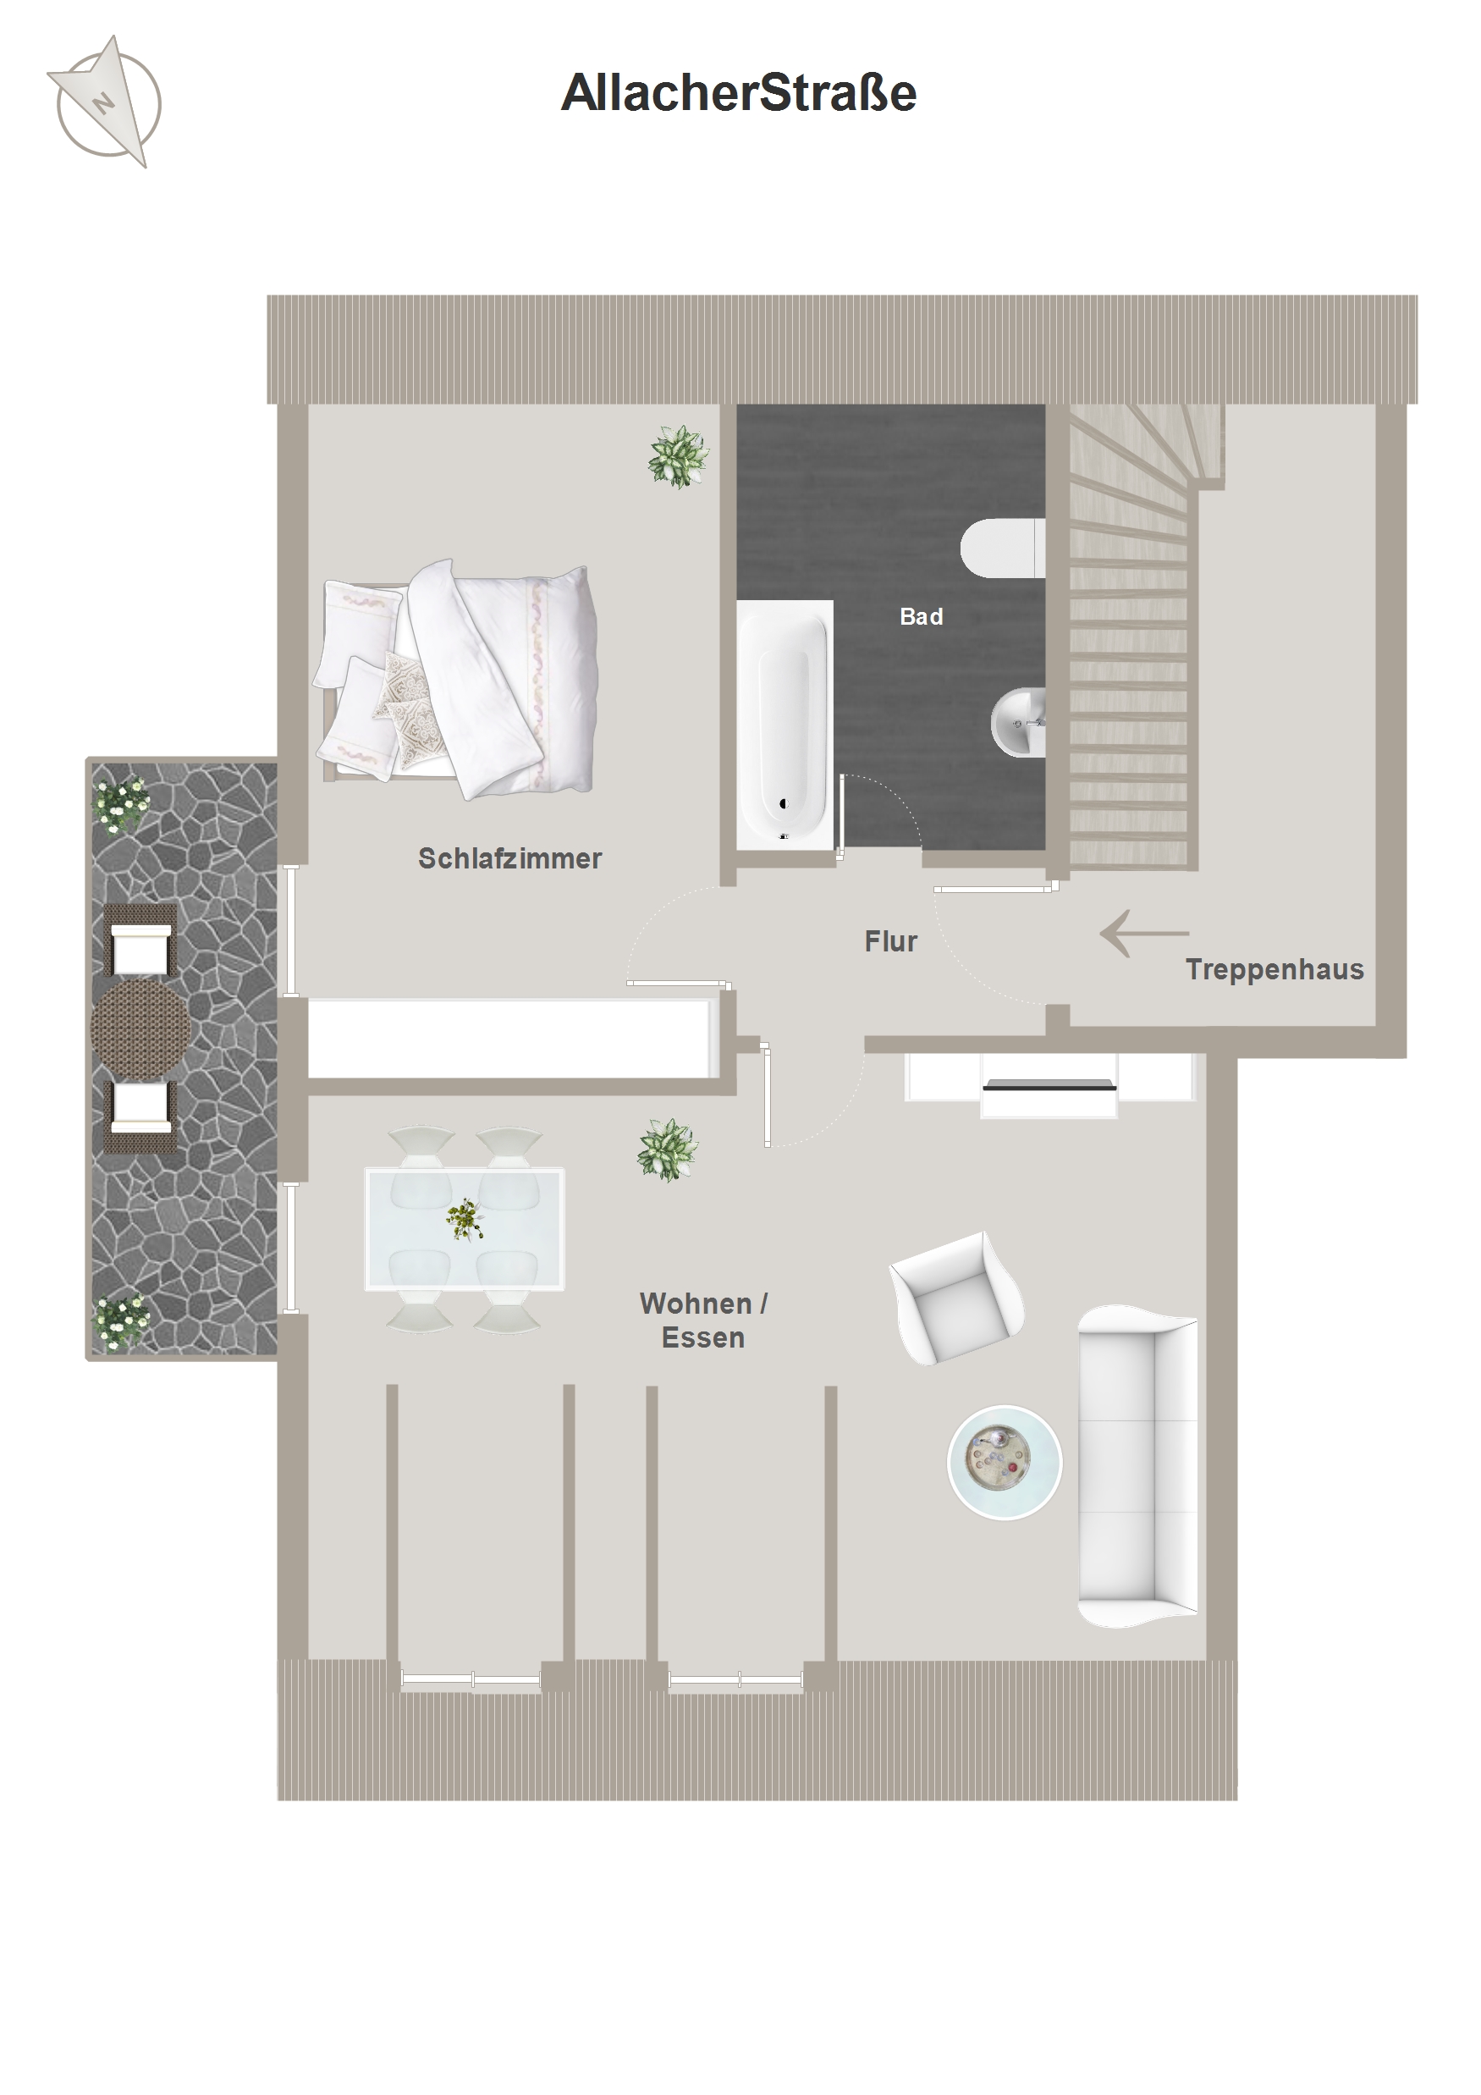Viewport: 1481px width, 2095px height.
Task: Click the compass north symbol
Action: click(x=105, y=102)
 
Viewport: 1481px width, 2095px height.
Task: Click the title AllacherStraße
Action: click(x=739, y=93)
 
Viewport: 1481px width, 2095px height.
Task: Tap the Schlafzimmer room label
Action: click(x=509, y=858)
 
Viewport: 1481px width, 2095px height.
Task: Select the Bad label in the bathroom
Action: click(x=921, y=617)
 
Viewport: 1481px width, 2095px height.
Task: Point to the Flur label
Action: click(x=890, y=940)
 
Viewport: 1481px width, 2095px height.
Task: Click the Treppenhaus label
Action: click(x=1274, y=970)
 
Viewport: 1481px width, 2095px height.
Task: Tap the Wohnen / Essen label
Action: click(x=703, y=1320)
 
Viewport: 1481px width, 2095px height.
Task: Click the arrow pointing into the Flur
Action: click(x=1144, y=933)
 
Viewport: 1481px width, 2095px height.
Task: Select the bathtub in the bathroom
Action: click(x=785, y=725)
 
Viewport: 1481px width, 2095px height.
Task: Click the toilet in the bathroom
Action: click(x=1002, y=549)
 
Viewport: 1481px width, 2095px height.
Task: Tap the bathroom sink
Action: click(x=1018, y=722)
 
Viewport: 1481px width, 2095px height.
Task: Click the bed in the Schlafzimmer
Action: click(x=456, y=680)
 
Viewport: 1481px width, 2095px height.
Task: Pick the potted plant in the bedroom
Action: click(x=678, y=456)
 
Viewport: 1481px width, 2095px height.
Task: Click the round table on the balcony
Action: click(x=140, y=1028)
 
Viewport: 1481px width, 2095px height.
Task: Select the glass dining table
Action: click(x=465, y=1228)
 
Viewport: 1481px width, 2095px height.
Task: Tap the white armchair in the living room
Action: click(x=957, y=1298)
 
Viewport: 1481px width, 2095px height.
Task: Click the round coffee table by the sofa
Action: click(x=1005, y=1462)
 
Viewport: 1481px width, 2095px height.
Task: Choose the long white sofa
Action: click(x=1138, y=1466)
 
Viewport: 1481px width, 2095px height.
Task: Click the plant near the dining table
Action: click(x=668, y=1149)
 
